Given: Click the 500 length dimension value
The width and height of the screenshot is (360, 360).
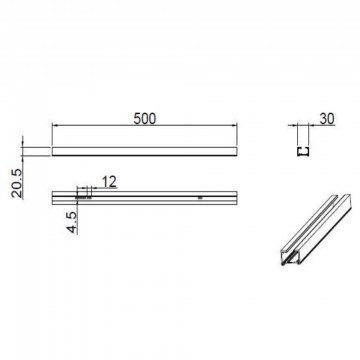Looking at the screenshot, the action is tap(145, 119).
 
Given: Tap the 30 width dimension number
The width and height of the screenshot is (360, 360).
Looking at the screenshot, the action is tap(327, 119).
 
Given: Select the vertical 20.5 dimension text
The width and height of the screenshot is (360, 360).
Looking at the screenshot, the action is tap(17, 184).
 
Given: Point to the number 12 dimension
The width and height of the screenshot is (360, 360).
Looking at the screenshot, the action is tap(109, 182).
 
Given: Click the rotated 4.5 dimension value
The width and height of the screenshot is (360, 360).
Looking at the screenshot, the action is tap(73, 222).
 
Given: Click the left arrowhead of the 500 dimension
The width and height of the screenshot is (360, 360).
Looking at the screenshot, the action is tap(54, 125).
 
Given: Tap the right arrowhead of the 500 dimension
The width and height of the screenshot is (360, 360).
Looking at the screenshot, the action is tap(234, 125).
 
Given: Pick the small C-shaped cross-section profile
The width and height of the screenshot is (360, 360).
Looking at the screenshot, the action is tap(303, 152).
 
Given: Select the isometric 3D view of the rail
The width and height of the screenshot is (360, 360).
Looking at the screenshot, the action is tap(315, 230).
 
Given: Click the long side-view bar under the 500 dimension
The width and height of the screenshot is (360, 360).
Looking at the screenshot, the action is tap(144, 152).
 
